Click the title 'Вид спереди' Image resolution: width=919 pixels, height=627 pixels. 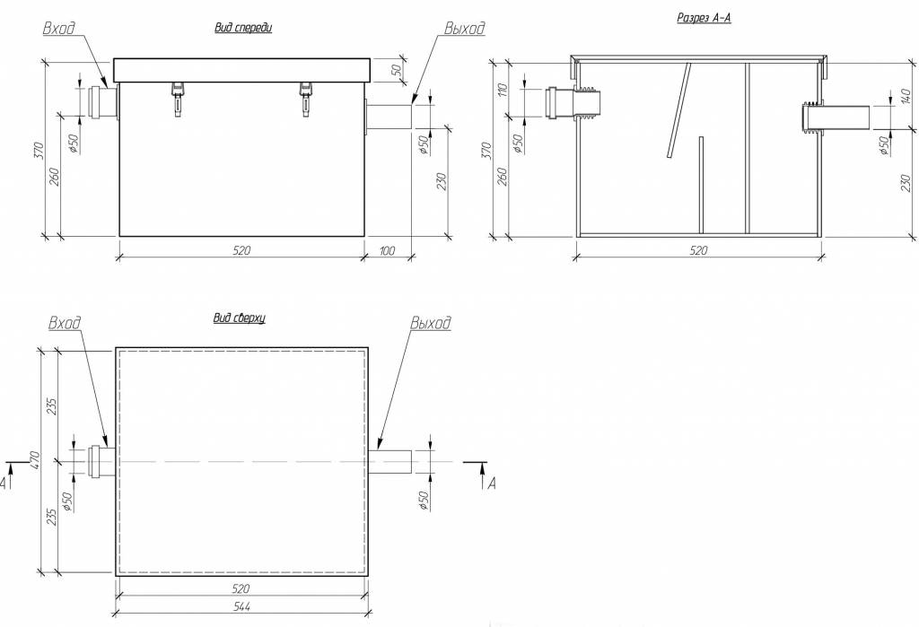click(x=242, y=28)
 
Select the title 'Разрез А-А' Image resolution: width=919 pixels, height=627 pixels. click(x=704, y=17)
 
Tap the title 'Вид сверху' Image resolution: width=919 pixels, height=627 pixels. click(x=239, y=318)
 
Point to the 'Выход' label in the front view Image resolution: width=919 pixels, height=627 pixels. click(x=463, y=29)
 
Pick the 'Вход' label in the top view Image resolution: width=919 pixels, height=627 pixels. click(x=66, y=323)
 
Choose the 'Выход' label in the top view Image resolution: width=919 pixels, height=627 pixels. click(x=430, y=323)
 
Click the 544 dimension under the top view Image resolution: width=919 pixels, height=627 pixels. click(x=241, y=606)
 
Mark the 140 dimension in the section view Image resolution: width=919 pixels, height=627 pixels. click(x=880, y=97)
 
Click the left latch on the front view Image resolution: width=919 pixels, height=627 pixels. click(x=177, y=95)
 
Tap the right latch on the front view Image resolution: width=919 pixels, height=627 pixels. click(x=306, y=95)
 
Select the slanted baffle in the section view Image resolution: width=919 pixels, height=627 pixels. click(x=678, y=111)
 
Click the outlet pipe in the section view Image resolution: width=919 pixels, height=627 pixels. click(x=839, y=118)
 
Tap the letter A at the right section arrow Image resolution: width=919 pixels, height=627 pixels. click(x=490, y=484)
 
